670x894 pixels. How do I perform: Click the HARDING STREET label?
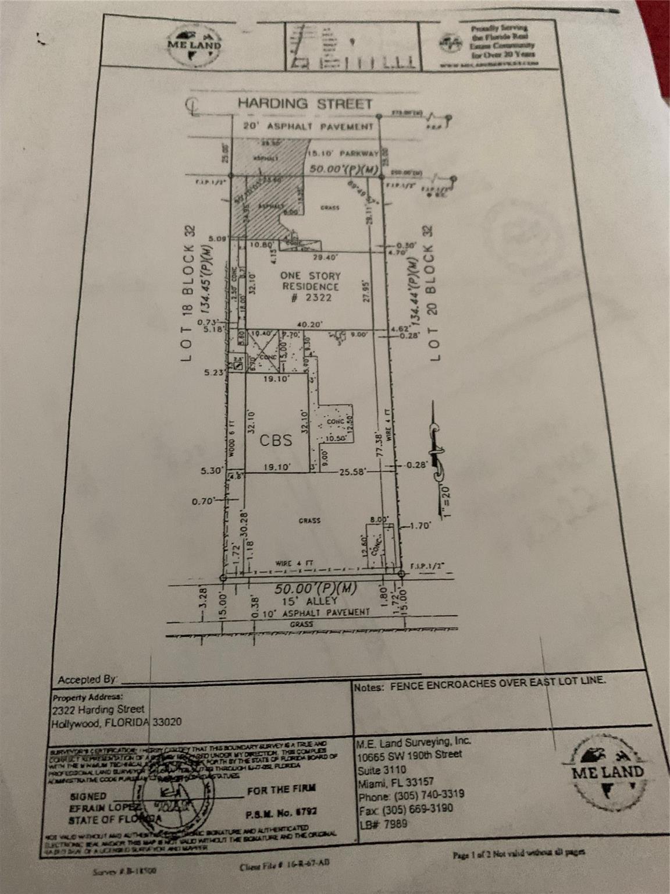point(304,104)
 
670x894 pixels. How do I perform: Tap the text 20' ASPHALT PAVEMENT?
point(308,126)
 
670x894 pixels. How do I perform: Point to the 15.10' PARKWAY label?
point(345,154)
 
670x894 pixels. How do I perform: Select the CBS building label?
point(276,441)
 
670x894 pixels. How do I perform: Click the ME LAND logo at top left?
point(195,45)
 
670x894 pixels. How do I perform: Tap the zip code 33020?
point(167,722)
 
